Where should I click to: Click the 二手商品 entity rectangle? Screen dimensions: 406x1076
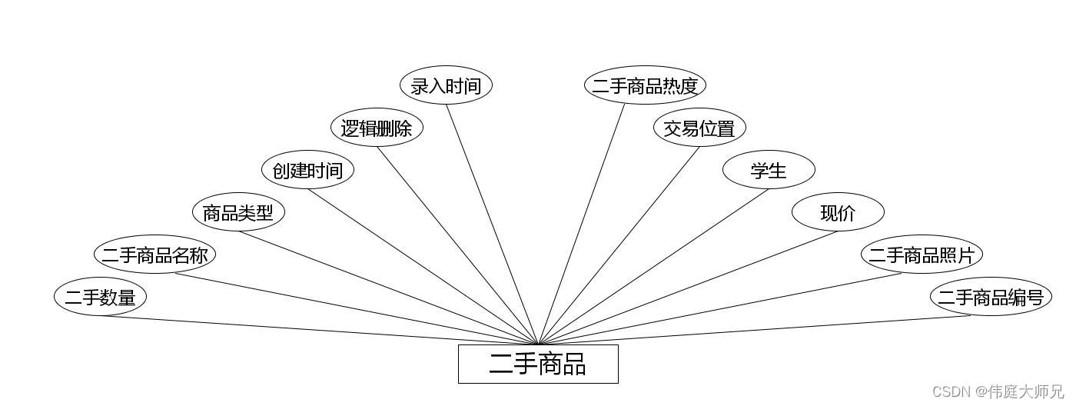[538, 364]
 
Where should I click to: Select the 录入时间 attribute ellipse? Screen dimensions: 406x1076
[446, 85]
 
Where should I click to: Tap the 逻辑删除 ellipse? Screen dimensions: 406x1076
[377, 128]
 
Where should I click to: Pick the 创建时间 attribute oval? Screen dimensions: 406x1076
[307, 170]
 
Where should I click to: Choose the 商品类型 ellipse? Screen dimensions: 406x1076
[238, 212]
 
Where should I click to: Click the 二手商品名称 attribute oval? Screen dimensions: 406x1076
[154, 255]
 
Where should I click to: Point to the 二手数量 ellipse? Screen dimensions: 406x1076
[100, 297]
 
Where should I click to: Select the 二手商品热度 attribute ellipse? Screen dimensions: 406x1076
[645, 85]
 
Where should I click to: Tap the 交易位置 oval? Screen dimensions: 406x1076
[699, 128]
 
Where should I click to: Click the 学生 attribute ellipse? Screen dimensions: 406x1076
[769, 170]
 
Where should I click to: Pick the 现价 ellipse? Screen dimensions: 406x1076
[838, 212]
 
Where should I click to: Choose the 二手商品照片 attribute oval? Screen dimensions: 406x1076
[922, 255]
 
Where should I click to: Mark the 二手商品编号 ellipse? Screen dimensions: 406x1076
[991, 297]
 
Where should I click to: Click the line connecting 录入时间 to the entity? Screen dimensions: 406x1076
[492, 223]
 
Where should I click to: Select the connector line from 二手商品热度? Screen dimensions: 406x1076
[582, 223]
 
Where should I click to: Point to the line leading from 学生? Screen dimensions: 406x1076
[653, 267]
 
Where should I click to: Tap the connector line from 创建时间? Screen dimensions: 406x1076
[423, 267]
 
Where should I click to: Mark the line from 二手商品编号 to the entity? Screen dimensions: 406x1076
[753, 331]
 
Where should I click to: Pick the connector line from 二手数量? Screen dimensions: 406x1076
[319, 331]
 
